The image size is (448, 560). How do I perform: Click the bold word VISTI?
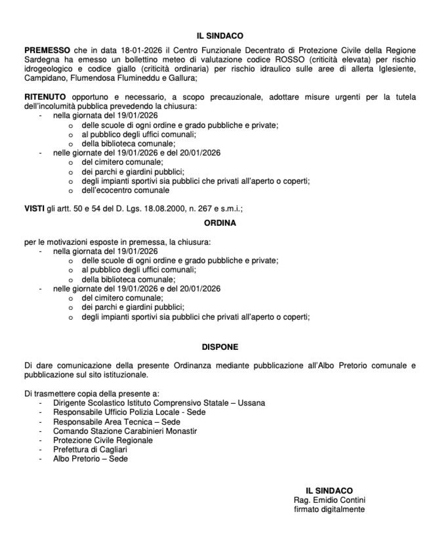click(x=34, y=208)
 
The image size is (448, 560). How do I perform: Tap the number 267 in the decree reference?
click(x=199, y=208)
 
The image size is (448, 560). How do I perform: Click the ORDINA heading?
click(x=224, y=223)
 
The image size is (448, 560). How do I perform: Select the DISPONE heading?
click(x=224, y=346)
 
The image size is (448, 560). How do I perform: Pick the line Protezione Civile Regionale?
click(x=103, y=440)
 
